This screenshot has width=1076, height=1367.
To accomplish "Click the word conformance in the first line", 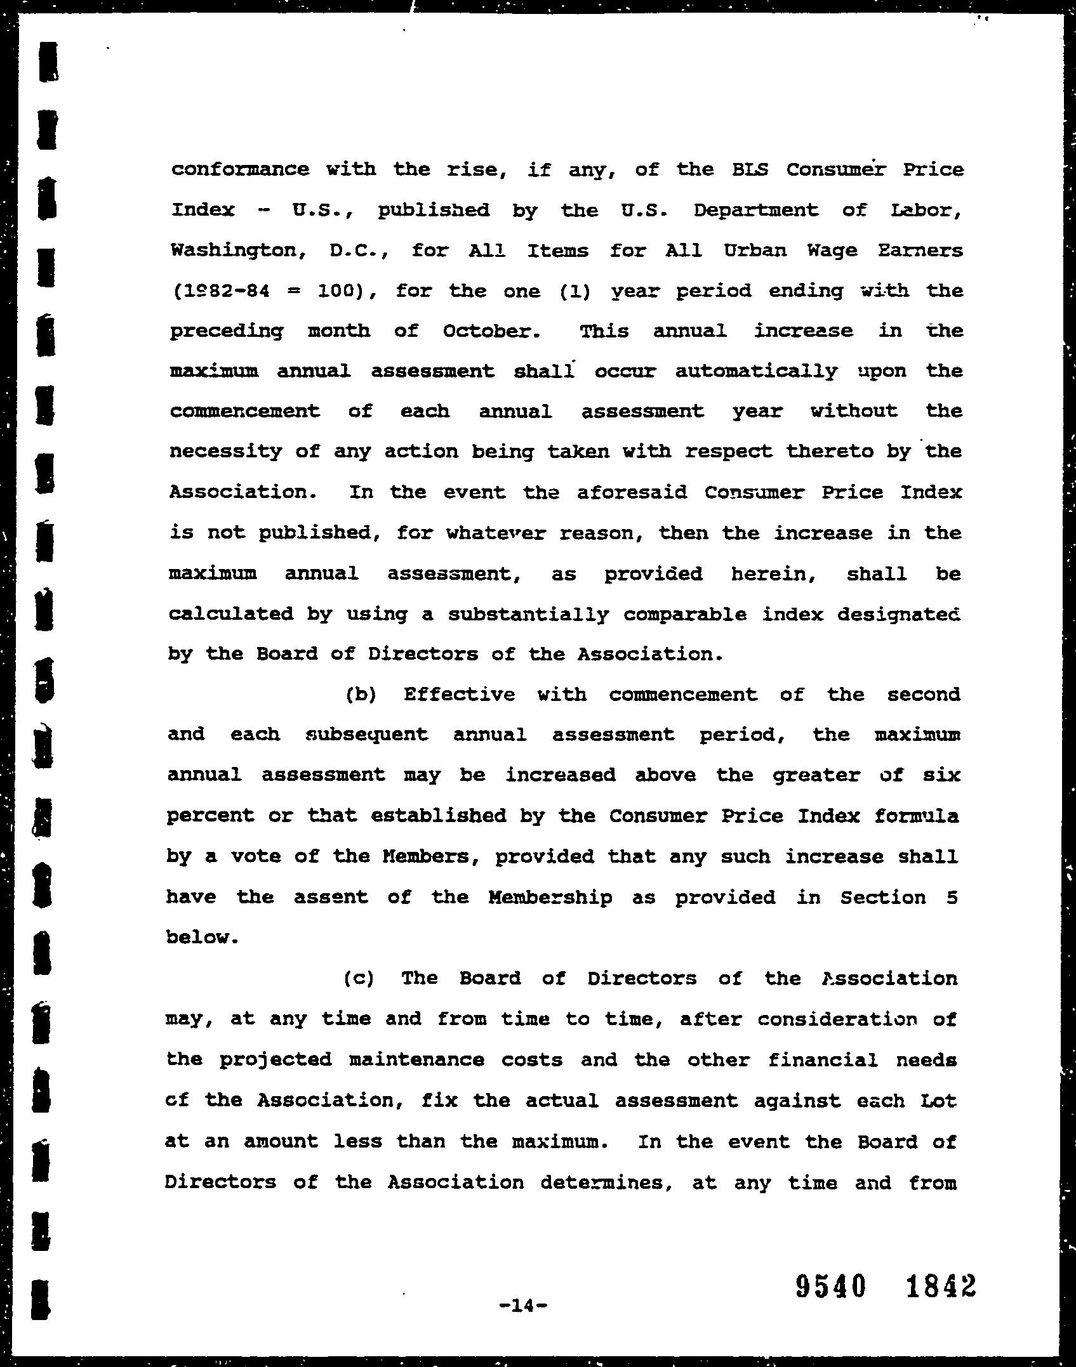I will pyautogui.click(x=240, y=169).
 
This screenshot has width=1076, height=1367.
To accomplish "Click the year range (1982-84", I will pyautogui.click(x=220, y=291).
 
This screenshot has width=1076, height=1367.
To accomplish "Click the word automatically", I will pyautogui.click(x=756, y=372).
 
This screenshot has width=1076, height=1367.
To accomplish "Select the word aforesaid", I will pyautogui.click(x=632, y=493).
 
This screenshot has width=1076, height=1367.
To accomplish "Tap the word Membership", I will pyautogui.click(x=550, y=898).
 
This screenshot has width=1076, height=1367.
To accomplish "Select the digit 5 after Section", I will pyautogui.click(x=950, y=898).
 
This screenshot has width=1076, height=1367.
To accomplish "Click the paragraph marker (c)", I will pyautogui.click(x=359, y=979).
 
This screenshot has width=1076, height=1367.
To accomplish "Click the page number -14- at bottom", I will pyautogui.click(x=523, y=1305).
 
